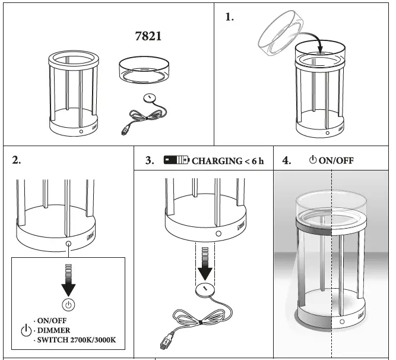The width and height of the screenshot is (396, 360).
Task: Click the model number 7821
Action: pyautogui.click(x=148, y=36)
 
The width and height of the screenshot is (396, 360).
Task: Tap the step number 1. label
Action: pyautogui.click(x=230, y=17)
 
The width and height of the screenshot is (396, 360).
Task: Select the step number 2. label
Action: pyautogui.click(x=18, y=160)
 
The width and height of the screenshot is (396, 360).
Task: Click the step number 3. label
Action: pyautogui.click(x=150, y=160)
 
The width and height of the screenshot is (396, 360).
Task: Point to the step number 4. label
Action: pyautogui.click(x=287, y=160)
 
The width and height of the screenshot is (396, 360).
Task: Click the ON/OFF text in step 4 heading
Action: pyautogui.click(x=336, y=160)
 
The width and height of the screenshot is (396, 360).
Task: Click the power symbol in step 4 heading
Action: pyautogui.click(x=313, y=160)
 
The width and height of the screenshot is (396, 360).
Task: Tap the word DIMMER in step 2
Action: pyautogui.click(x=53, y=330)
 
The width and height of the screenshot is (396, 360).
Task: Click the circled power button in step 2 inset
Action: pyautogui.click(x=69, y=305)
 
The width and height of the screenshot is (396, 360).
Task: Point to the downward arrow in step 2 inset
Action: pyautogui.click(x=69, y=282)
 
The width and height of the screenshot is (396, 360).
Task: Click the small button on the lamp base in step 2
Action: pyautogui.click(x=69, y=243)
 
